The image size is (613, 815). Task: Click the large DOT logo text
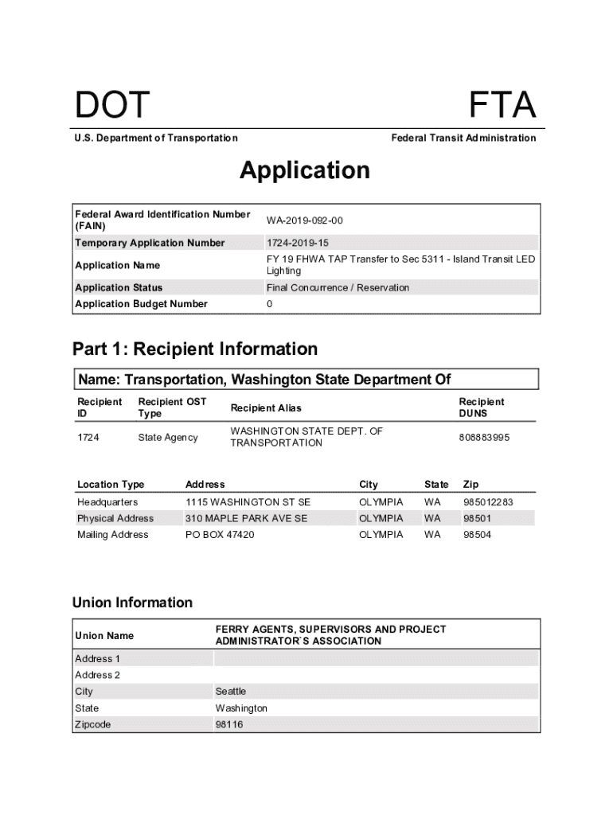pos(112,106)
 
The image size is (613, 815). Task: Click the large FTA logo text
pos(502,106)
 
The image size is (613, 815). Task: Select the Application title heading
pos(305,170)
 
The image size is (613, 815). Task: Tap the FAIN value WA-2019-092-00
pos(305,220)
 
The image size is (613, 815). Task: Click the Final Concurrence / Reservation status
pos(338,287)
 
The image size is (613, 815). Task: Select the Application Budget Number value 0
pos(270,304)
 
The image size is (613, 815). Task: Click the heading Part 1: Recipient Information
pos(195,349)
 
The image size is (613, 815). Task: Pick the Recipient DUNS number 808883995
pos(484,437)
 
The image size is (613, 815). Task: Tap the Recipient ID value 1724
pos(88,437)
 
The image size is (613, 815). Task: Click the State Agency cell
pos(168,437)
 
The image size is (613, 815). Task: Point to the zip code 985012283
pos(488,502)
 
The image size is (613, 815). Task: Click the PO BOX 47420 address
pos(220,535)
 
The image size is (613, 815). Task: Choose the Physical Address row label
pos(115,518)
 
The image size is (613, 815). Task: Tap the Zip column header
pos(471,484)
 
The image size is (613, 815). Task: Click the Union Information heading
pos(132,602)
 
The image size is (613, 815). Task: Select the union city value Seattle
pos(231,692)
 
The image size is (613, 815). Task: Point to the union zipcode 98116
pos(229,725)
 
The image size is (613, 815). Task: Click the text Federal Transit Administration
pos(463,138)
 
